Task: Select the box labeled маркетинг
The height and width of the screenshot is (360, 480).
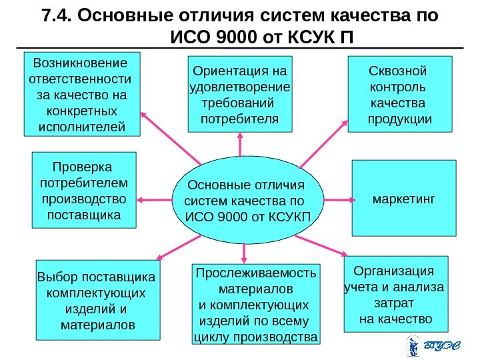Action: (403, 198)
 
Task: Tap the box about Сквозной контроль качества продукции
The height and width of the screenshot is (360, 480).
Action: (399, 94)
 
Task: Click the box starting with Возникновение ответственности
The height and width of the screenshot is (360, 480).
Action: (82, 94)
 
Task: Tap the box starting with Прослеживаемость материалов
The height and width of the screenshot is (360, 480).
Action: (255, 304)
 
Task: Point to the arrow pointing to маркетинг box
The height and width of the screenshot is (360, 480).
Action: (339, 199)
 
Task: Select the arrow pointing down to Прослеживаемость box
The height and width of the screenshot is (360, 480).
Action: (245, 251)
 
